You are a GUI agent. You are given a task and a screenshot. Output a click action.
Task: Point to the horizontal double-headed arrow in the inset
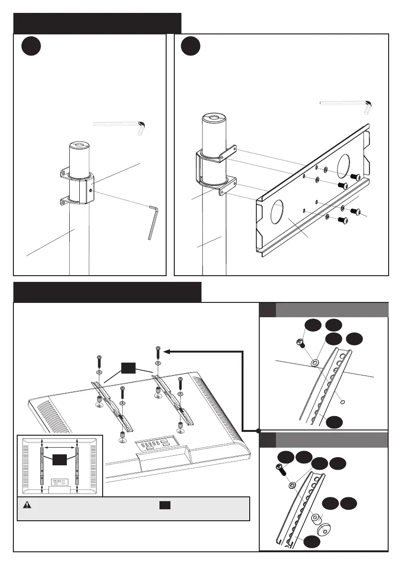[x=60, y=448]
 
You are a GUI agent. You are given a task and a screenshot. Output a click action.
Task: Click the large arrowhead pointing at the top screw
[x=167, y=352]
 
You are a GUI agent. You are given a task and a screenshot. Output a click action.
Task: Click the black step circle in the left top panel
[x=32, y=48]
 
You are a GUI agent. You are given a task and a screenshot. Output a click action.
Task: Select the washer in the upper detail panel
[x=315, y=364]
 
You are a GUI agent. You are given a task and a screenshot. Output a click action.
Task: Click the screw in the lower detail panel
[x=280, y=470]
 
